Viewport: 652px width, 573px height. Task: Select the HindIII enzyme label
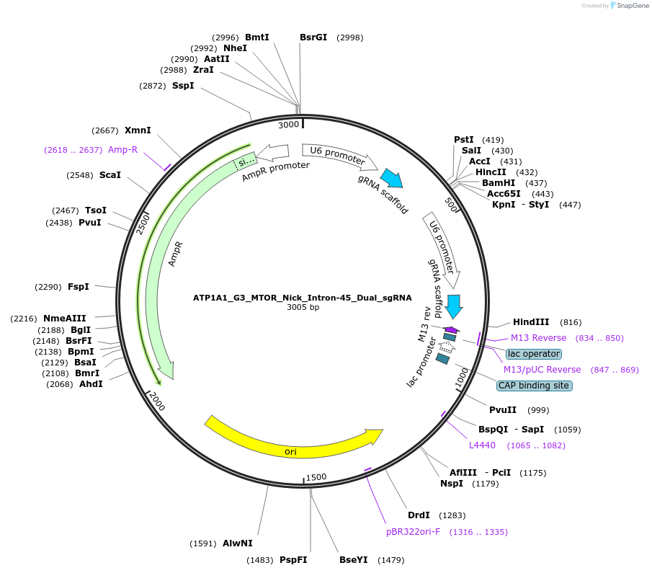pyautogui.click(x=531, y=322)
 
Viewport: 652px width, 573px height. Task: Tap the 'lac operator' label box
pyautogui.click(x=534, y=354)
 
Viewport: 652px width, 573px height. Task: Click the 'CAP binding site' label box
pyautogui.click(x=535, y=386)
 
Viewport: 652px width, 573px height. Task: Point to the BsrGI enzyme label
pyautogui.click(x=313, y=37)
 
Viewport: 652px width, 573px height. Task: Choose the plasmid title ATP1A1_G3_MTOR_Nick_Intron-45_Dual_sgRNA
pyautogui.click(x=303, y=297)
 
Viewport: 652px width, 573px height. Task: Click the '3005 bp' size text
pyautogui.click(x=303, y=307)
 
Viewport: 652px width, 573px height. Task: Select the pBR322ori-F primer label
pyautogui.click(x=413, y=532)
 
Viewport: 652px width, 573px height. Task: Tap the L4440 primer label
pyautogui.click(x=483, y=445)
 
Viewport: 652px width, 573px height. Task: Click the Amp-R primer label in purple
pyautogui.click(x=122, y=149)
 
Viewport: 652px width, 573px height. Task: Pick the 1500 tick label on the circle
pyautogui.click(x=316, y=477)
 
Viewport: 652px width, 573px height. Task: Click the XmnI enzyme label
pyautogui.click(x=138, y=130)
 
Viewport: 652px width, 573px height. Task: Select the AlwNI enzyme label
pyautogui.click(x=238, y=543)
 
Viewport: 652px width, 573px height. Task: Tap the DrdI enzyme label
pyautogui.click(x=419, y=515)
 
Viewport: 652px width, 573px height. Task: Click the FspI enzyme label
pyautogui.click(x=79, y=287)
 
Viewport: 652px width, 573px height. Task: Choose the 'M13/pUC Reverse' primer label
pyautogui.click(x=542, y=370)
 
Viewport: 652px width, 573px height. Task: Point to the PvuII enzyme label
pyautogui.click(x=503, y=410)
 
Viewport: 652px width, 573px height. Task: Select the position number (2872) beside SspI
pyautogui.click(x=153, y=86)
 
